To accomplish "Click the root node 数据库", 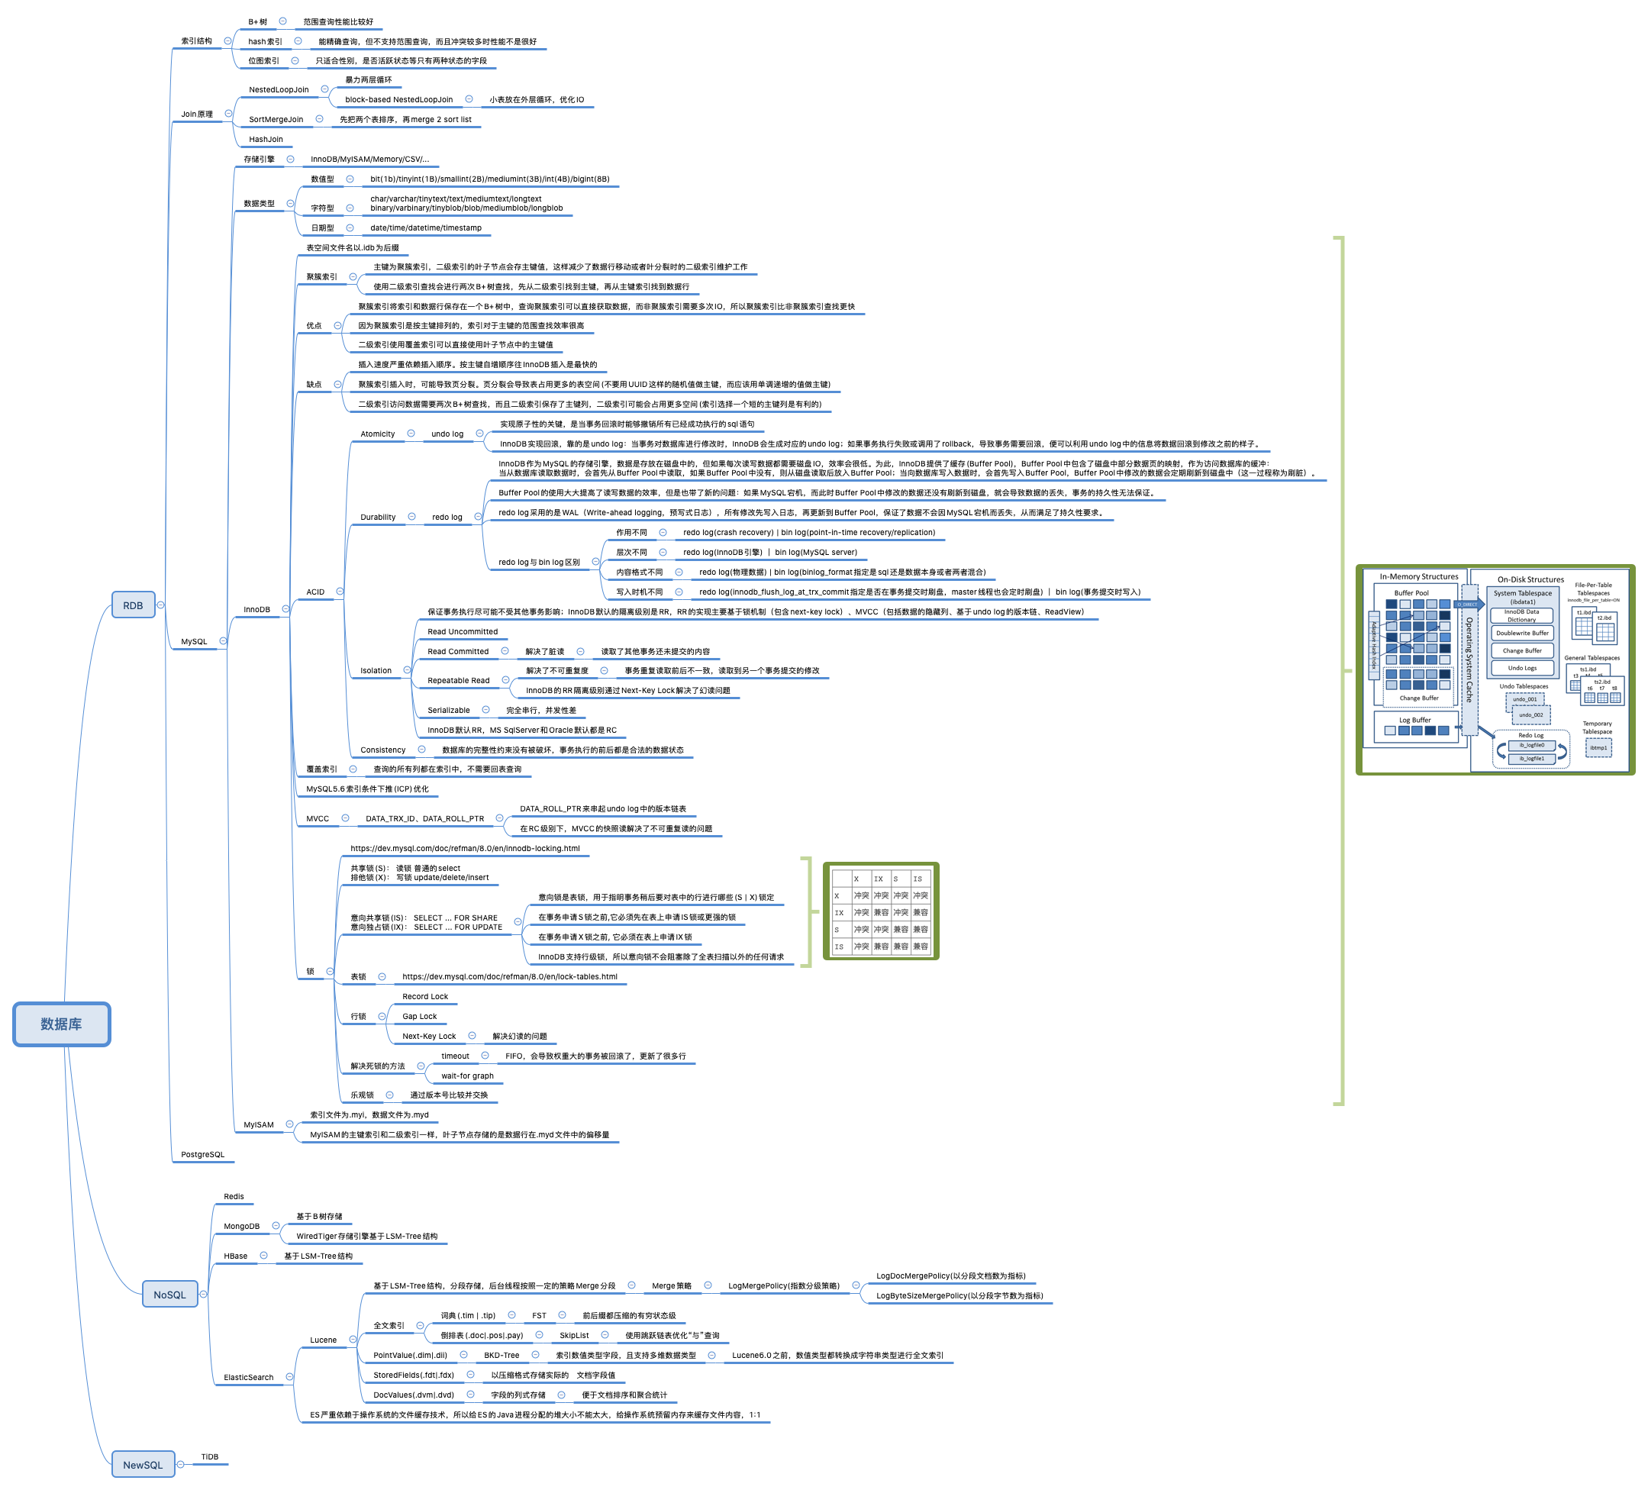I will (61, 1024).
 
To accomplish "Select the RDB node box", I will (132, 605).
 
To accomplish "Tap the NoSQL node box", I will (169, 1295).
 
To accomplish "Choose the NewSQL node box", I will (142, 1465).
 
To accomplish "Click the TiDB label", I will (209, 1456).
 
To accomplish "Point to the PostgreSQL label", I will (202, 1155).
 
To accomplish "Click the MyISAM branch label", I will (258, 1124).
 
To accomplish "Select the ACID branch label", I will (314, 592).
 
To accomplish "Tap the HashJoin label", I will (266, 139).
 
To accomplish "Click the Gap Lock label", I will (419, 1016).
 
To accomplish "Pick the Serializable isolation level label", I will (448, 710).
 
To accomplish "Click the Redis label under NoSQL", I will (234, 1197).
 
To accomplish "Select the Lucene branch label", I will (323, 1340).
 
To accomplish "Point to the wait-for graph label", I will (467, 1076).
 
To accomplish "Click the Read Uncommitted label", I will (462, 632).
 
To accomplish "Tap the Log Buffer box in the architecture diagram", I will (1415, 720).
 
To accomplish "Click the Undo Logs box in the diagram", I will (1522, 668).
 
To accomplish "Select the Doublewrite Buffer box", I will (1522, 633).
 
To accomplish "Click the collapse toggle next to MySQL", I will (223, 640).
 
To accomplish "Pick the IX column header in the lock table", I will (878, 879).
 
